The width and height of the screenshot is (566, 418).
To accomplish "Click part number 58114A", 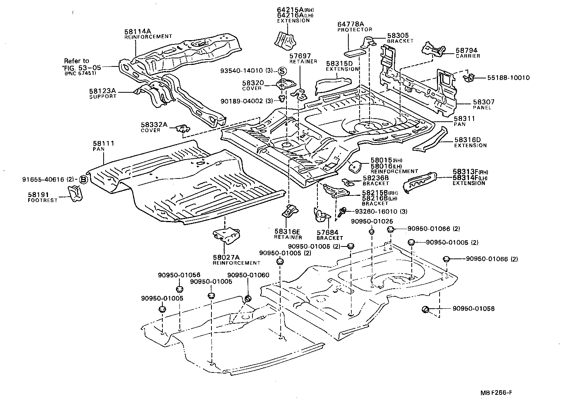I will [x=137, y=31].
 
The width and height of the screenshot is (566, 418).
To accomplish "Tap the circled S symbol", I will [x=282, y=71].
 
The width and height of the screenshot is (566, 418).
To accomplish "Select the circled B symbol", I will [x=83, y=179].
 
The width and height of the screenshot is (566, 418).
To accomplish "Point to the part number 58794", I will [x=466, y=50].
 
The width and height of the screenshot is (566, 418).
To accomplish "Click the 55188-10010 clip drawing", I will [x=469, y=78].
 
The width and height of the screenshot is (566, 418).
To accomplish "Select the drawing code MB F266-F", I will [x=496, y=393].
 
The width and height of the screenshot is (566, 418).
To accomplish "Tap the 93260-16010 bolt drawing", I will [x=342, y=211].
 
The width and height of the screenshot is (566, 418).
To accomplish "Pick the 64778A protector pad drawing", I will [x=355, y=52].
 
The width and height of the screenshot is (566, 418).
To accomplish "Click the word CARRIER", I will [x=467, y=56].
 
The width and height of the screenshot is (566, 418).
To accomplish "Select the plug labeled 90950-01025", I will [x=371, y=232].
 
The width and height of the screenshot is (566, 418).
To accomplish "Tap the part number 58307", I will [x=483, y=102].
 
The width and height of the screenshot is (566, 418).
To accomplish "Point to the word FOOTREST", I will [x=43, y=201].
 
